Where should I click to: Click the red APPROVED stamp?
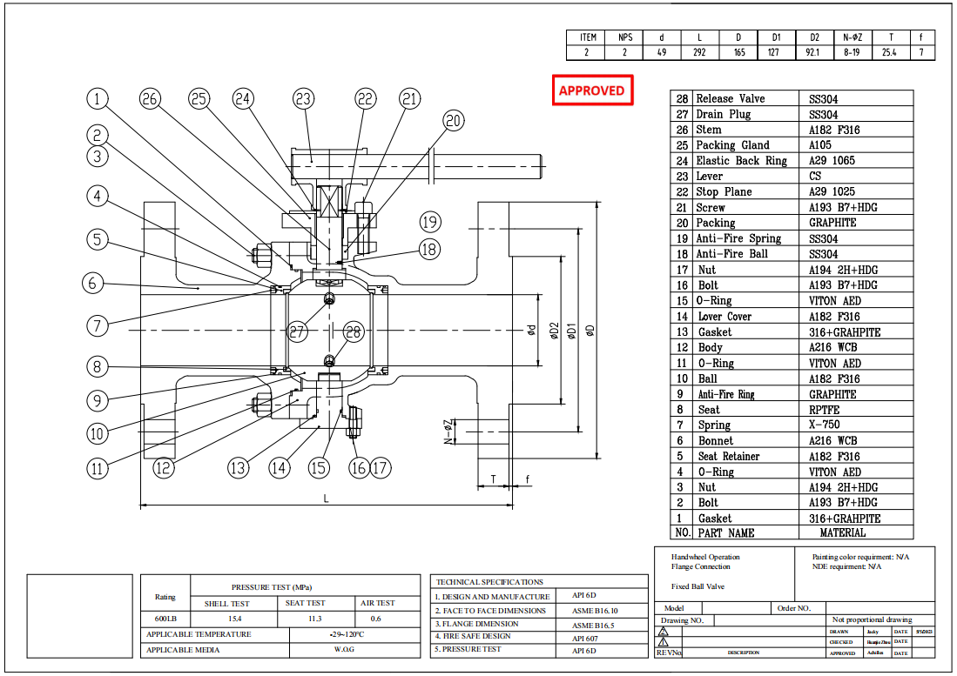tap(591, 90)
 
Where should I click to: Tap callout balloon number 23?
tap(303, 99)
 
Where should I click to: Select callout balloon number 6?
tap(95, 283)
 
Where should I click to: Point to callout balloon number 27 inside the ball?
tap(299, 331)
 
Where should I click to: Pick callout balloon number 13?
tap(238, 467)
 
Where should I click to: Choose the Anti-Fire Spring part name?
tap(738, 238)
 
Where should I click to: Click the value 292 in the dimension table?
tap(698, 52)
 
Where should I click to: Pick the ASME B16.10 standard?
tap(596, 611)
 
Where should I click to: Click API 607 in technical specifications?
tap(586, 637)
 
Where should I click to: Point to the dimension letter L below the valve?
tap(326, 499)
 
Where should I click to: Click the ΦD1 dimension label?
tap(572, 331)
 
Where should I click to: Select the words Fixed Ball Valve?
tap(698, 586)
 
